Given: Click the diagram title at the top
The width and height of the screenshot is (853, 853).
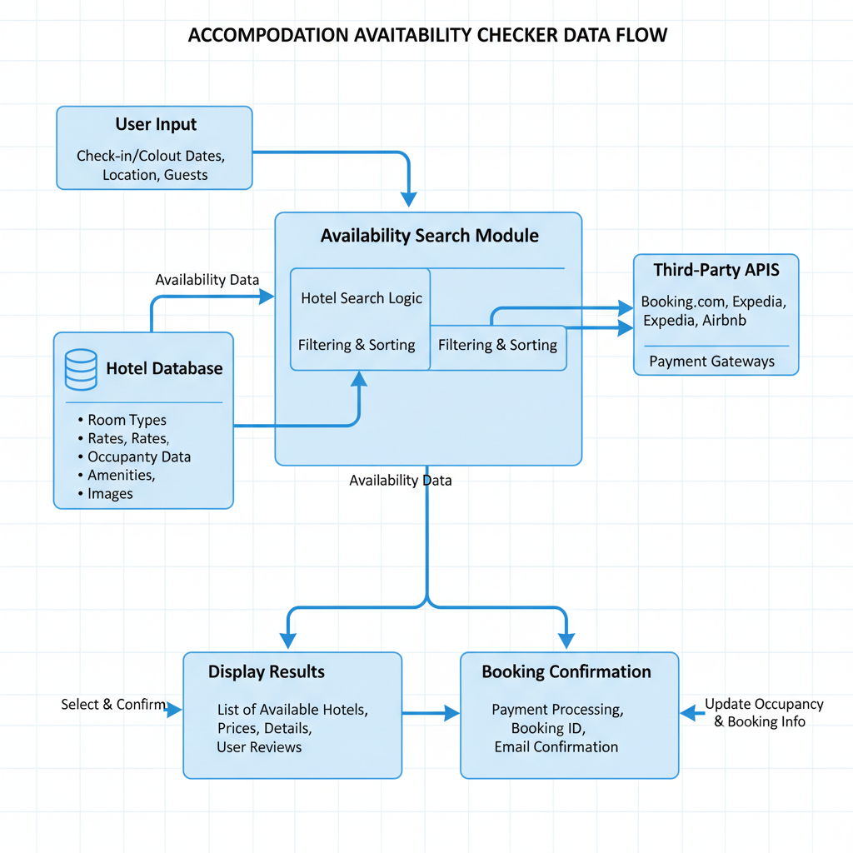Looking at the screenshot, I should (x=427, y=36).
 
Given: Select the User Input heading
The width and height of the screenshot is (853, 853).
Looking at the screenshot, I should (x=156, y=125).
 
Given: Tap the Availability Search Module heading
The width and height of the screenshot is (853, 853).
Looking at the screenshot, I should (x=429, y=236).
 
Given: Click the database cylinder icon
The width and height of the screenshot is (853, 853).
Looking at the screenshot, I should (x=81, y=370).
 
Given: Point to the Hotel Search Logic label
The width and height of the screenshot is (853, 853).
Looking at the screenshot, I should (x=362, y=298).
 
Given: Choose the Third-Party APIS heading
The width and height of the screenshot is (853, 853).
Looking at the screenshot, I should (x=716, y=270).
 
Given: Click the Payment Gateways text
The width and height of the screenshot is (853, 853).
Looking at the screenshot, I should (x=711, y=362).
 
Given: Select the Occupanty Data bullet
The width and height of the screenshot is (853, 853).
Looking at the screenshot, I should (x=139, y=457).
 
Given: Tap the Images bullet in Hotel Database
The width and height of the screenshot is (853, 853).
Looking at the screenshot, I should (x=110, y=494).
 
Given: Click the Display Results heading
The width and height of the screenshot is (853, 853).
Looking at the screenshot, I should (x=267, y=672).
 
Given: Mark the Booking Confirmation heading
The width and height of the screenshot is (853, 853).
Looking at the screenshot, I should (x=566, y=672).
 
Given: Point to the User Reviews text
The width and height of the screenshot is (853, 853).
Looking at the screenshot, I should (x=259, y=747).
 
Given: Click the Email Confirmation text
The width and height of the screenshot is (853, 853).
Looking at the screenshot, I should (x=556, y=747).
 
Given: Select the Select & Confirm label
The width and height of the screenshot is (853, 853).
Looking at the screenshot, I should (x=113, y=705).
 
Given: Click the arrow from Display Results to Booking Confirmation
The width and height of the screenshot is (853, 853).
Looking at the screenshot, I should (x=431, y=713).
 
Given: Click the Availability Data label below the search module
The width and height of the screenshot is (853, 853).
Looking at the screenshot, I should (x=401, y=481).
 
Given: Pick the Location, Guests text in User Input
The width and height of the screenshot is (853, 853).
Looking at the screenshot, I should (x=155, y=175).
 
